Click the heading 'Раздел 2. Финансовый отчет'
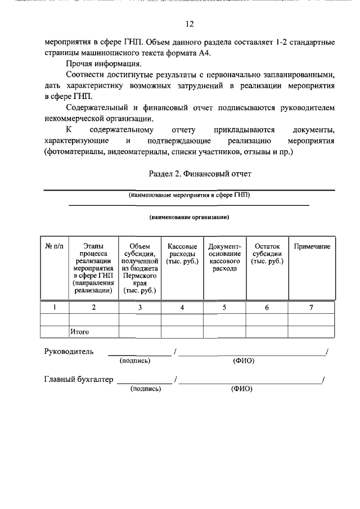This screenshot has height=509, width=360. [x=200, y=174]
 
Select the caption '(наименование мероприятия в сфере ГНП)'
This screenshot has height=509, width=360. [x=189, y=195]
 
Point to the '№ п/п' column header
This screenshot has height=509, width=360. [x=55, y=246]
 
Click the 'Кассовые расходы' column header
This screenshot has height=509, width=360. [x=182, y=254]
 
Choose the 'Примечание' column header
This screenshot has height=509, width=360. [x=312, y=246]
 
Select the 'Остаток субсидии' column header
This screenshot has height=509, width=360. [x=267, y=254]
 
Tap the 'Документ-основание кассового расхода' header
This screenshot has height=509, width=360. [x=224, y=258]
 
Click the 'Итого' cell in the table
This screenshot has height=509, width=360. [x=80, y=332]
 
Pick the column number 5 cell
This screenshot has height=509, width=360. [x=224, y=307]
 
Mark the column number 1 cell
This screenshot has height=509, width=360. [x=55, y=307]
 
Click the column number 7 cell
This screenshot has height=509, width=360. [x=311, y=307]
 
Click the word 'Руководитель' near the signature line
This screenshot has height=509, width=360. [x=69, y=352]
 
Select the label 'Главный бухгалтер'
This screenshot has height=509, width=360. [x=79, y=379]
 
